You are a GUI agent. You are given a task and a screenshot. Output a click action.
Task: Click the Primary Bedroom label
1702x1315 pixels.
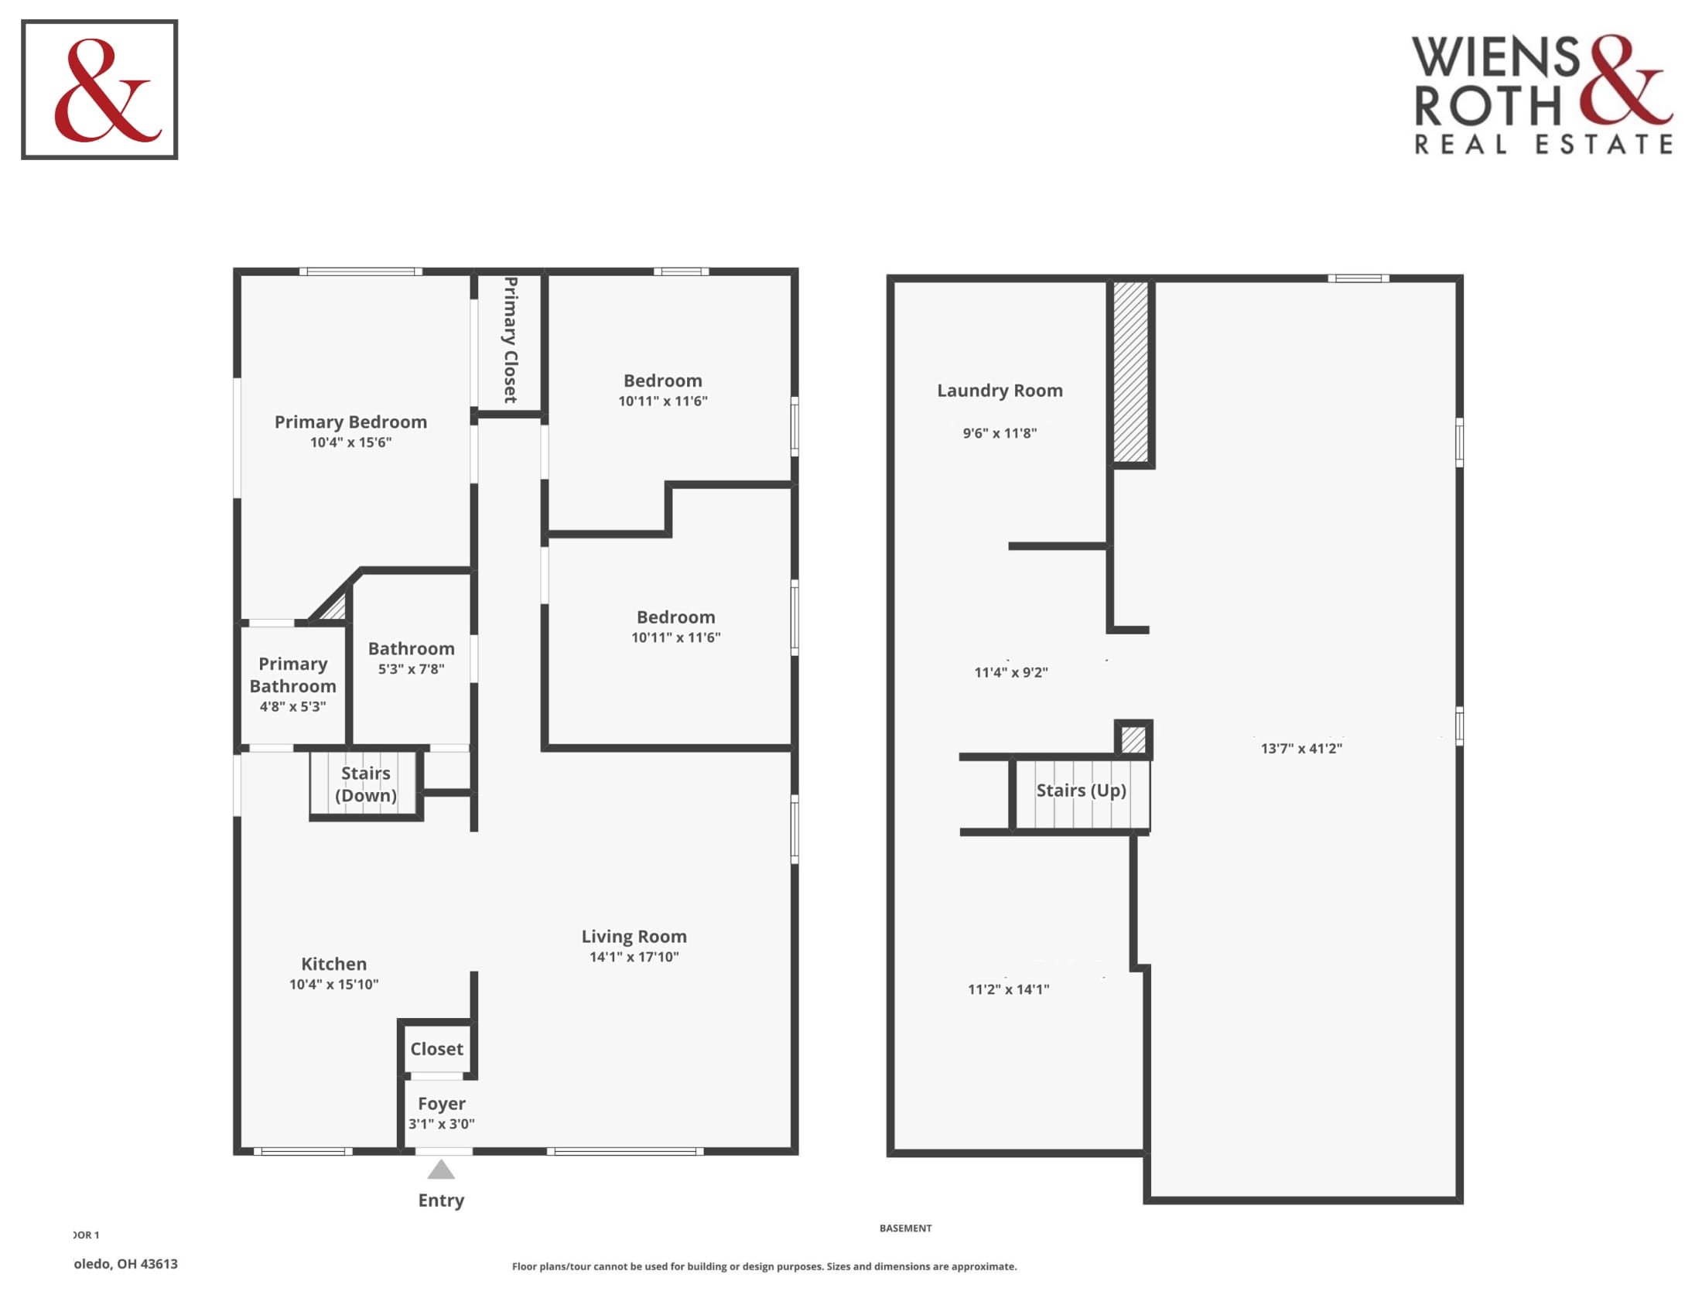pyautogui.click(x=350, y=422)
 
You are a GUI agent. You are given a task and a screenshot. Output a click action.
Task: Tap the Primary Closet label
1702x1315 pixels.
pyautogui.click(x=511, y=340)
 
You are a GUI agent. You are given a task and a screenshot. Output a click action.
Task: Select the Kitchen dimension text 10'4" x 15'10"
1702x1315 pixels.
pyautogui.click(x=333, y=984)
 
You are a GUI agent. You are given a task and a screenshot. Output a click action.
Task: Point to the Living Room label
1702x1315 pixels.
pyautogui.click(x=634, y=936)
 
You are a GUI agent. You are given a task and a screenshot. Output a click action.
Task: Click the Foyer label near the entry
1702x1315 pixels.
pyautogui.click(x=441, y=1103)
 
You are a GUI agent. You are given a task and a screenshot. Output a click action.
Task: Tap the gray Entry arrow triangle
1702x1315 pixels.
pyautogui.click(x=441, y=1170)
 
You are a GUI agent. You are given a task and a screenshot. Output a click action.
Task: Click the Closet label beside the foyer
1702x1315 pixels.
pyautogui.click(x=436, y=1049)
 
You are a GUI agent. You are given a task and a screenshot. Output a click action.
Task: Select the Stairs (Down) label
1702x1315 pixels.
pyautogui.click(x=365, y=784)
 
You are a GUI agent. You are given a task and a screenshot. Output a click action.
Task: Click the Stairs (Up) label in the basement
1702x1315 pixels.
pyautogui.click(x=1081, y=790)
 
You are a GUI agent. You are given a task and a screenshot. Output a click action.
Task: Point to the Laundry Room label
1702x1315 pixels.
pyautogui.click(x=1000, y=391)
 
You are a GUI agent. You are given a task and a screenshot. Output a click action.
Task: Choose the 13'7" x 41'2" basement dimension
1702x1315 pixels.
pyautogui.click(x=1301, y=749)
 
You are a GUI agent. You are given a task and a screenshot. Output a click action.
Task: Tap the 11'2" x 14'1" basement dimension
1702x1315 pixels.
pyautogui.click(x=1008, y=989)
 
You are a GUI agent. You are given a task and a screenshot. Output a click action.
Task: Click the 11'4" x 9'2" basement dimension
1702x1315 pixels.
pyautogui.click(x=1011, y=672)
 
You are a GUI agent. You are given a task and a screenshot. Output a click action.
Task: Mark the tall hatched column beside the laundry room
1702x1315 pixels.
pyautogui.click(x=1131, y=372)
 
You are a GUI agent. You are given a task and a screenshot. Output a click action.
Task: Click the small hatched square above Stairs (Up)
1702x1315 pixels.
pyautogui.click(x=1133, y=739)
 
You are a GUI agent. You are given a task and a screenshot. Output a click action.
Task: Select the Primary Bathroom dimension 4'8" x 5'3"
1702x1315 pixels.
pyautogui.click(x=292, y=706)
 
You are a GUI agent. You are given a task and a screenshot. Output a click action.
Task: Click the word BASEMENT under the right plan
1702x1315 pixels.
pyautogui.click(x=906, y=1228)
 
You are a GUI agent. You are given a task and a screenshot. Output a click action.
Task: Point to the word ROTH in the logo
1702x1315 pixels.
pyautogui.click(x=1488, y=106)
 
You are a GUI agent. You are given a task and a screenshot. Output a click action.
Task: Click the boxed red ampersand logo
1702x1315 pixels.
pyautogui.click(x=100, y=90)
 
